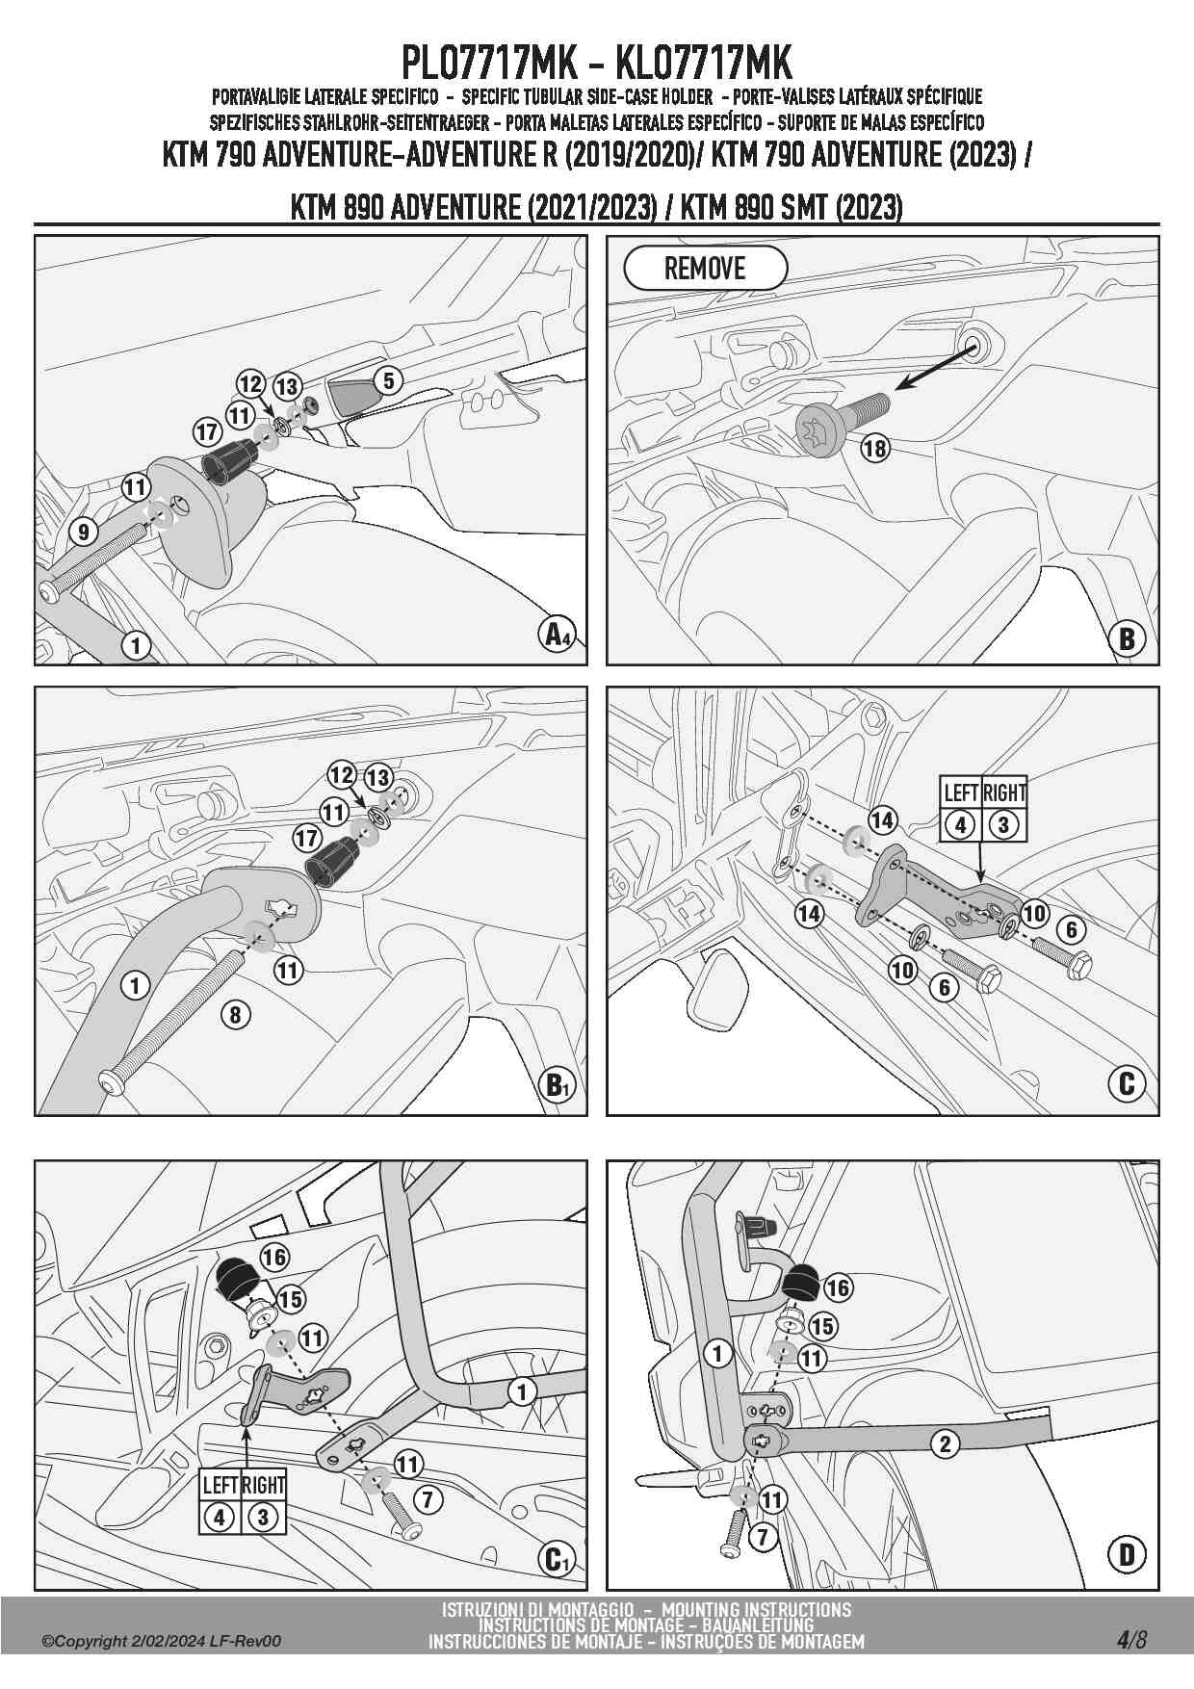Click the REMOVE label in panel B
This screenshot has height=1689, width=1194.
tap(705, 269)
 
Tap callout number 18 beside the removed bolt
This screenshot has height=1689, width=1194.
tap(874, 448)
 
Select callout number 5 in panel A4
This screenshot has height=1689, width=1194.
tap(388, 380)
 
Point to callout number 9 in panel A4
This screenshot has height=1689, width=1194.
tap(84, 531)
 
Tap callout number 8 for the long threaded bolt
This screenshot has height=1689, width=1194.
tap(235, 1013)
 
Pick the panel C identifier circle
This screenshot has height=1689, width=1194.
tap(1127, 1085)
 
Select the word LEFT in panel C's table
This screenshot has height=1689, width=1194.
tap(961, 793)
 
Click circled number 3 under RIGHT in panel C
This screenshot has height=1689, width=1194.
tap(1003, 825)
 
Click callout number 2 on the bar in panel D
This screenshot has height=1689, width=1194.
tap(945, 1442)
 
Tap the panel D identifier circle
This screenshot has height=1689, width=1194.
tap(1127, 1553)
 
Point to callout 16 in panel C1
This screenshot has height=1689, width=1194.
tap(274, 1257)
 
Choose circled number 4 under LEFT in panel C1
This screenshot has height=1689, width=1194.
tap(220, 1519)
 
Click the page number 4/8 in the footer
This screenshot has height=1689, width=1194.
tap(1131, 1639)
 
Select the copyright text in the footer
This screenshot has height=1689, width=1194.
tap(162, 1641)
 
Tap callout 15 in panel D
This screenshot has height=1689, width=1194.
tap(822, 1326)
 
